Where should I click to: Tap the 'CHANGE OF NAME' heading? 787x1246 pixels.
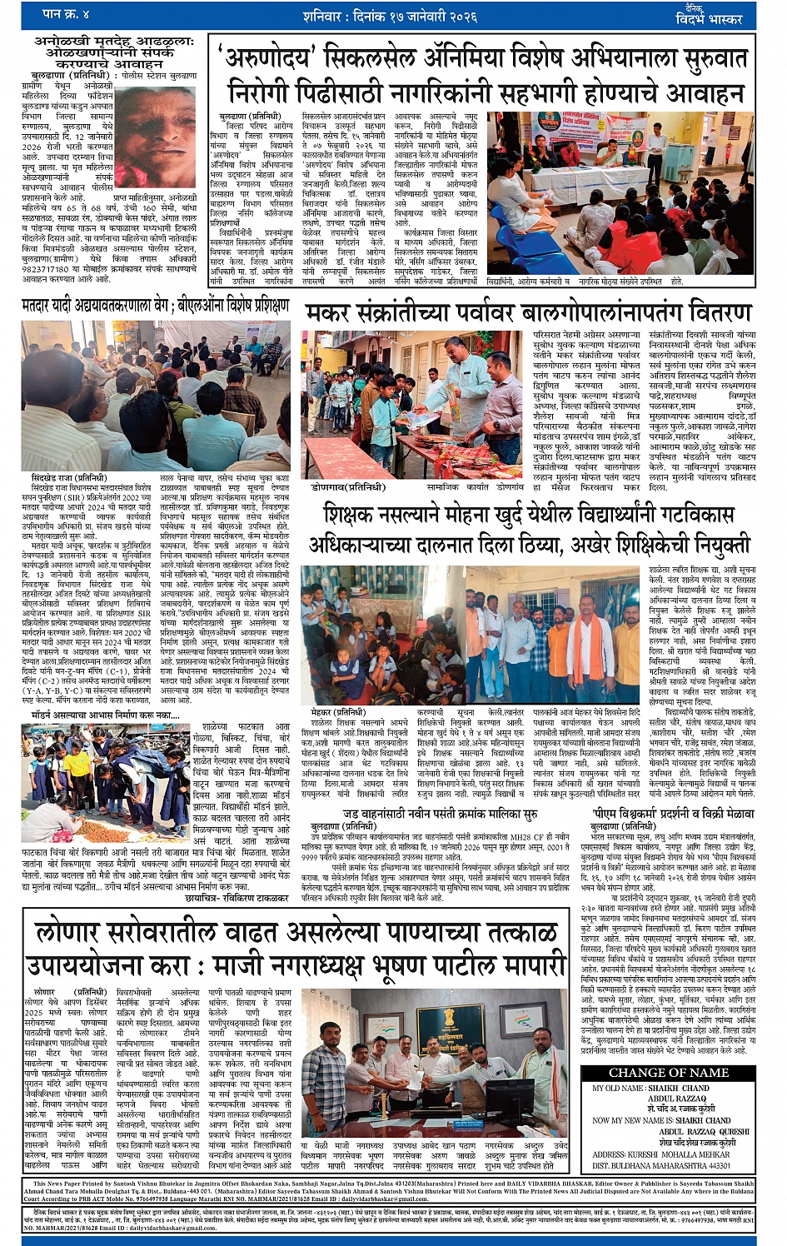668,1072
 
